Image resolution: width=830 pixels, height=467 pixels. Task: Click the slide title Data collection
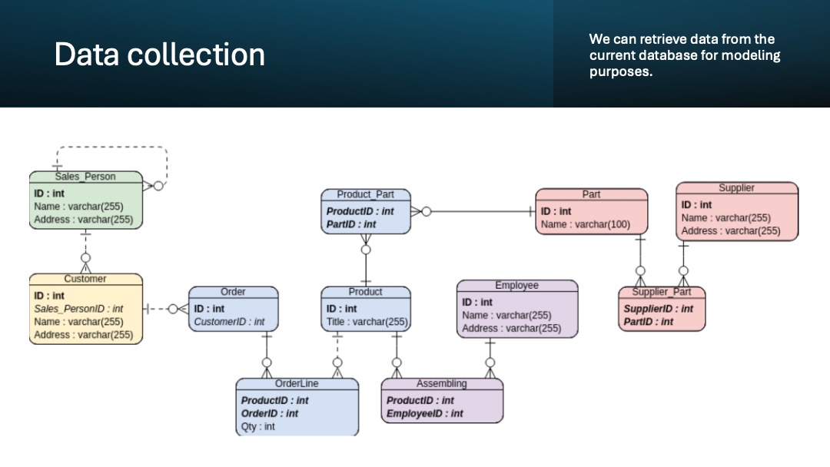[x=159, y=55]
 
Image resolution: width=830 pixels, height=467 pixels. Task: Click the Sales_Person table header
[x=85, y=177]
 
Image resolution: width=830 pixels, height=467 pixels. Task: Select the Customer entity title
[x=85, y=279]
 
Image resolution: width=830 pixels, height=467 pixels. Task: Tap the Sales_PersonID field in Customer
[x=78, y=309]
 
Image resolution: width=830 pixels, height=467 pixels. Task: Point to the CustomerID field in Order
[x=229, y=322]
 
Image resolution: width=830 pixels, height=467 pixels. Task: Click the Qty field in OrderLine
[x=258, y=426]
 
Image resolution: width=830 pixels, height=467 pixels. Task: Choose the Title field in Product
[x=367, y=322]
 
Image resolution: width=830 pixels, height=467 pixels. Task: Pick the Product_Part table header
[x=365, y=194]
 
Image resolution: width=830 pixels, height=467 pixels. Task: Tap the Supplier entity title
[x=736, y=187]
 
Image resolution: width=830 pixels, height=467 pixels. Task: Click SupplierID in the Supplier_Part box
[x=657, y=309]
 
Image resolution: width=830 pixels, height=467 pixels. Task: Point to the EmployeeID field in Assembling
[x=425, y=413]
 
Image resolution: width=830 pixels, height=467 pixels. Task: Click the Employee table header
[x=516, y=285]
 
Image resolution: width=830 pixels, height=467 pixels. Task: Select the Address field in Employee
[x=511, y=329]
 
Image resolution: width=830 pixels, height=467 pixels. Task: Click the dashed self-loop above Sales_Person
[x=111, y=147]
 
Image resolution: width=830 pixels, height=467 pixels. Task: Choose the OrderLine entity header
[x=297, y=383]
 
